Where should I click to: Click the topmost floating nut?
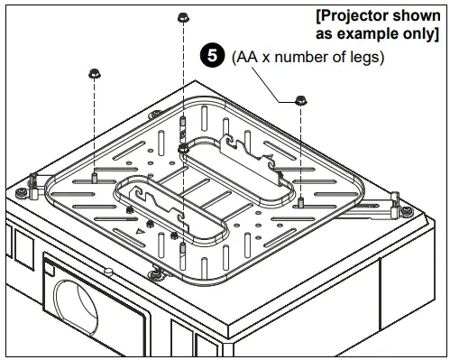click(x=183, y=18)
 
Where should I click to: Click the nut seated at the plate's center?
click(x=183, y=146)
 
